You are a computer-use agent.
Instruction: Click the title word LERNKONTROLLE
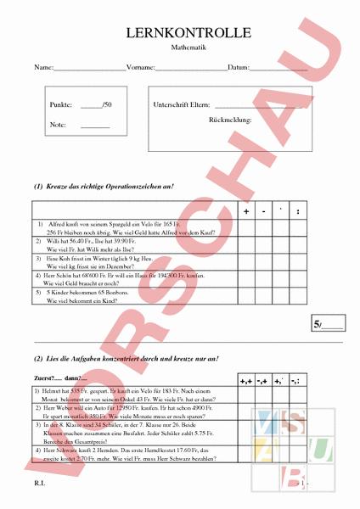[x=188, y=33]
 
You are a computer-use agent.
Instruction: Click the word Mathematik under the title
[x=188, y=49]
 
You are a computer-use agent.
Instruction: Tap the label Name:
[x=43, y=67]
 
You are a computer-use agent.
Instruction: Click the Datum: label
[x=239, y=67]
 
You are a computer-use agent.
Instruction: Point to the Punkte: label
[x=61, y=104]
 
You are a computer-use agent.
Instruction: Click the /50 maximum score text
[x=106, y=104]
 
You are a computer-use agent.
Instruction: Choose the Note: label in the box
[x=58, y=125]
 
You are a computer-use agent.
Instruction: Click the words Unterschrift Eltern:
[x=181, y=104]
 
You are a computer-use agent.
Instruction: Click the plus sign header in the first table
[x=246, y=210]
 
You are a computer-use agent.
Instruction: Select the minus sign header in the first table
[x=264, y=210]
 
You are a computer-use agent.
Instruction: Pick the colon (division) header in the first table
[x=298, y=210]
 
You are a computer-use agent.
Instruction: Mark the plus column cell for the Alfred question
[x=246, y=227]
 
